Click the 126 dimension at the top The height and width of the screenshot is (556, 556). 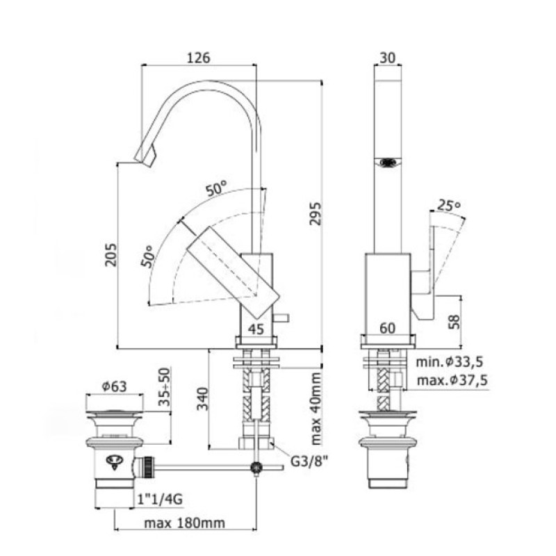(x=199, y=58)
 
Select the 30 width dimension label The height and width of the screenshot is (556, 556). (x=387, y=58)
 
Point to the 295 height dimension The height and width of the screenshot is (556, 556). (x=316, y=213)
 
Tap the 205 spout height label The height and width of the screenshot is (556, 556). (x=111, y=254)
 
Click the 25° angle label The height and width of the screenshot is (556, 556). (x=449, y=205)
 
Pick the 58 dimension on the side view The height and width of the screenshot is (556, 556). (x=454, y=322)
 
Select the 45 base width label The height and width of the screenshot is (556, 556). (x=256, y=329)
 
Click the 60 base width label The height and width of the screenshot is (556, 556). (x=387, y=328)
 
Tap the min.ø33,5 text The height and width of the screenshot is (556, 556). (x=449, y=361)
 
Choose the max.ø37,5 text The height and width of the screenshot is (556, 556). (x=452, y=380)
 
